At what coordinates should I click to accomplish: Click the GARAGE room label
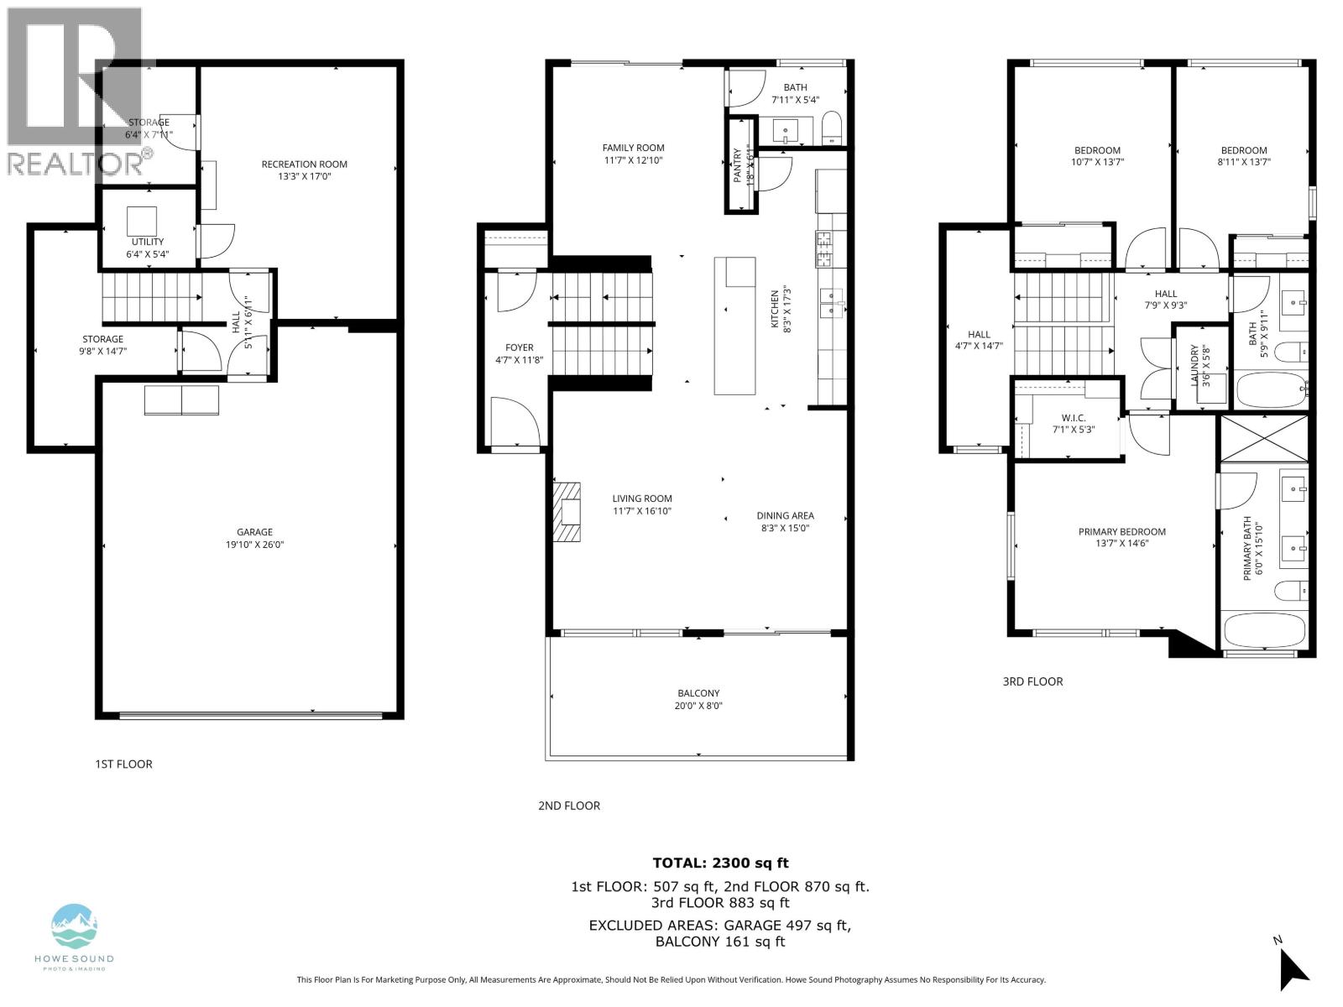coord(254,532)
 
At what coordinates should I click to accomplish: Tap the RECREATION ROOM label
coord(304,164)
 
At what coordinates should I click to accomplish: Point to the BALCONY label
coord(698,693)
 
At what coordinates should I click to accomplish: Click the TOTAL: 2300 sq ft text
coord(720,863)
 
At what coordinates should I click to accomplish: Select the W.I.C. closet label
coord(1074,417)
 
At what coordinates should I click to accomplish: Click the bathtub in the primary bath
coord(1264,630)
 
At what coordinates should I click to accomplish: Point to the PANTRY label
coord(738,165)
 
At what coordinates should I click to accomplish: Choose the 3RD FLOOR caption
coord(1032,681)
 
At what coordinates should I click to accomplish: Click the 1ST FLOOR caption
coord(123,764)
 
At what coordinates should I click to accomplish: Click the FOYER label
coord(519,347)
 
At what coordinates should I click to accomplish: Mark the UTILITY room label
coord(148,242)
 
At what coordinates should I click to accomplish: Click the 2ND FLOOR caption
coord(569,806)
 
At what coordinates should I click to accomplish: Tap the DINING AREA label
coord(785,516)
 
